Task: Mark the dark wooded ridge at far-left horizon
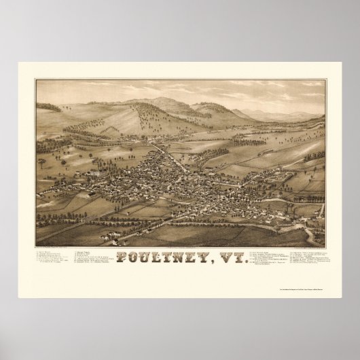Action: [49, 107]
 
